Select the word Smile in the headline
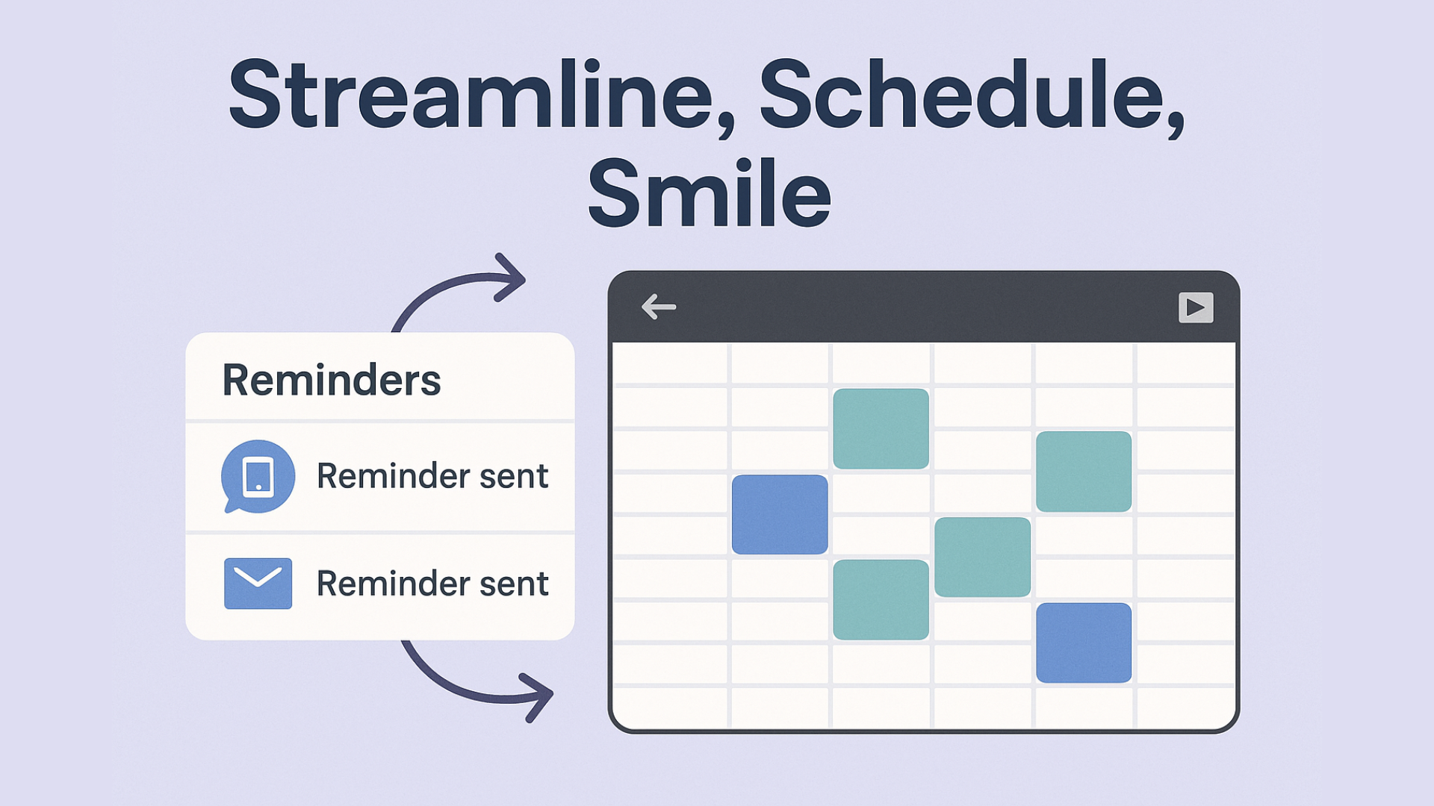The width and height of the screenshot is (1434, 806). tap(710, 193)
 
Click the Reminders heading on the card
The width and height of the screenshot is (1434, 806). tap(332, 380)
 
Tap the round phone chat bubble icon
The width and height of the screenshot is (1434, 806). tap(258, 476)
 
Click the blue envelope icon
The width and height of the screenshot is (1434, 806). tap(258, 583)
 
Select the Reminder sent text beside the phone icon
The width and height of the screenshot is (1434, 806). tap(432, 476)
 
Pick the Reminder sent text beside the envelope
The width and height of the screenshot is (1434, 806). tap(432, 584)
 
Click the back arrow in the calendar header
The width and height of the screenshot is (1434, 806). tap(659, 307)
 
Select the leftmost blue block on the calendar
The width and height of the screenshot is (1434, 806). tap(780, 514)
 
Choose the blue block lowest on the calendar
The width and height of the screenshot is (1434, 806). tap(1084, 643)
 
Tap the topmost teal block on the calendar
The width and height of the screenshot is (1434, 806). tap(881, 428)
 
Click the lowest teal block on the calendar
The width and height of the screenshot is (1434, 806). tap(881, 599)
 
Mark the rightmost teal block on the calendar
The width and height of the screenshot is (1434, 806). tap(1084, 472)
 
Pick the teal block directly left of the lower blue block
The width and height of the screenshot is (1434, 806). tap(983, 557)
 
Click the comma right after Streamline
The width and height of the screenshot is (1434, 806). tap(726, 127)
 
